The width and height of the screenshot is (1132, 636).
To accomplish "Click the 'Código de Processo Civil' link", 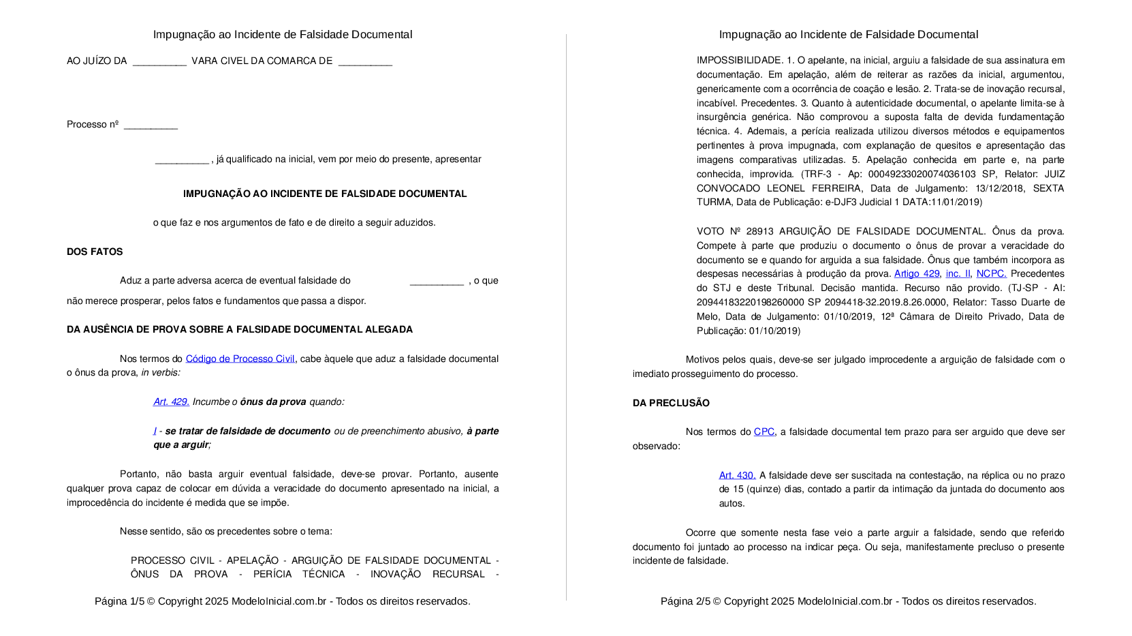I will (x=240, y=359).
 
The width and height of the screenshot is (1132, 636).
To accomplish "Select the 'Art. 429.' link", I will (x=171, y=402).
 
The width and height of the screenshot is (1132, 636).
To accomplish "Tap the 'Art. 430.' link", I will (x=737, y=475).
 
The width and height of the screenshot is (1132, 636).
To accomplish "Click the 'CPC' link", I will (x=764, y=431).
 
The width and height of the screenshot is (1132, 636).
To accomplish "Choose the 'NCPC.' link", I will (x=991, y=273).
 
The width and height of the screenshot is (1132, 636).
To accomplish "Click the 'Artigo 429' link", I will (x=916, y=273).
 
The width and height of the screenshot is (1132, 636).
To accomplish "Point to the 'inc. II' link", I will (x=958, y=273).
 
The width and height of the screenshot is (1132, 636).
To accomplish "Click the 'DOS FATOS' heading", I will (x=95, y=252).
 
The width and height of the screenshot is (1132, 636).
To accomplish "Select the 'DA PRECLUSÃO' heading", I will (x=671, y=403).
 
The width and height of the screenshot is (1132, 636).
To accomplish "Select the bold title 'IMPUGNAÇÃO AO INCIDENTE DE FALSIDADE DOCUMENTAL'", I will (x=325, y=194).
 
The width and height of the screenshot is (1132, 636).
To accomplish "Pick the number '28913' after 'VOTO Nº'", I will (x=759, y=231).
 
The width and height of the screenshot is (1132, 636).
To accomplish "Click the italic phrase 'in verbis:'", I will (x=161, y=372).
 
